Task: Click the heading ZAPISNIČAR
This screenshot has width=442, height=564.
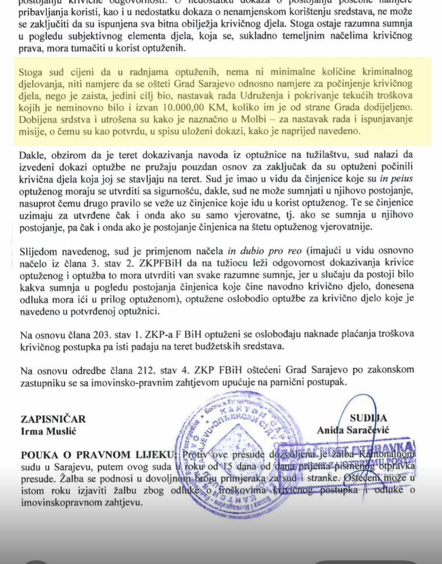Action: click(53, 419)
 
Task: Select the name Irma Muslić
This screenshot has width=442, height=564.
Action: click(48, 431)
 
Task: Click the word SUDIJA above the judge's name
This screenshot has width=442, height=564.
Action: click(368, 418)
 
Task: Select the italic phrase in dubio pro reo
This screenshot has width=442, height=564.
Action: click(264, 251)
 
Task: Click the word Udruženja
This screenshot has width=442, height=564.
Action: click(262, 96)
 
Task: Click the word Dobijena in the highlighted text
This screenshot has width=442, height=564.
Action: click(38, 119)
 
